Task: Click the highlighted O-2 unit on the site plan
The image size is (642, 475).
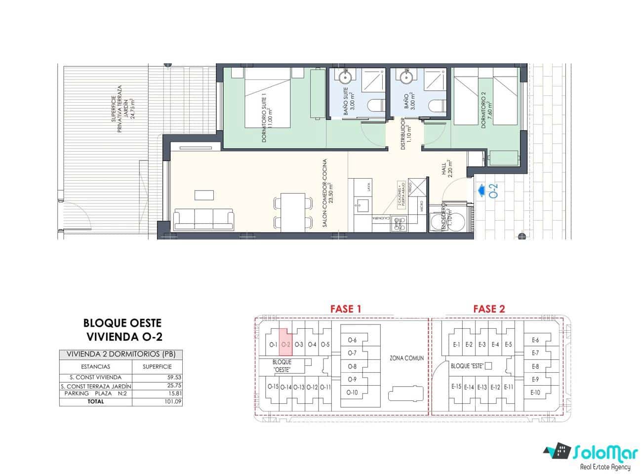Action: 285,342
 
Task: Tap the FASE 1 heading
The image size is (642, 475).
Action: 346,309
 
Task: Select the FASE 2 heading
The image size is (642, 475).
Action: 489,309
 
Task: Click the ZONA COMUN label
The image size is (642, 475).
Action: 406,358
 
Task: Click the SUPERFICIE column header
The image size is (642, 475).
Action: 157,367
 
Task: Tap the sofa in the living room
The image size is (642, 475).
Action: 203,219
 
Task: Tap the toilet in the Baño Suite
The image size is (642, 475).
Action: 377,106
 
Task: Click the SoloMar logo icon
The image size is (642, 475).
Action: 558,451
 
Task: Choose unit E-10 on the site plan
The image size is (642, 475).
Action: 535,393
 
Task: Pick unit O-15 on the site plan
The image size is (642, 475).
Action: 273,387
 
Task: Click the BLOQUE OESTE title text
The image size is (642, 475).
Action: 122,323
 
